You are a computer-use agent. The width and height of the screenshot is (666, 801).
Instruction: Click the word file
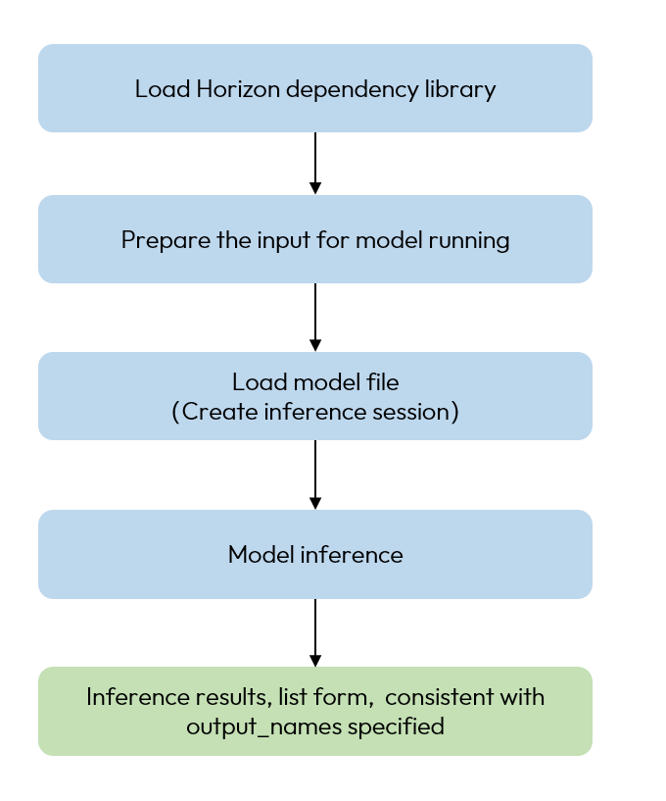(x=383, y=381)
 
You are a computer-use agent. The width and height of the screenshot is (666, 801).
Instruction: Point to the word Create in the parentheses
(x=213, y=412)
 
